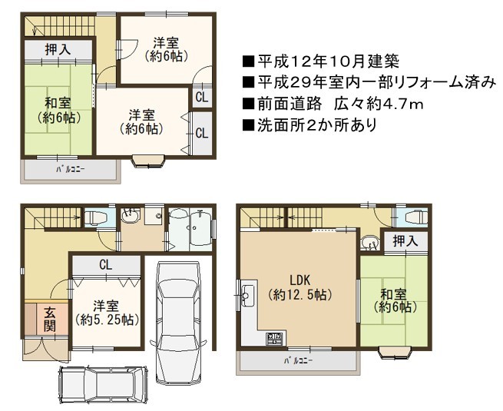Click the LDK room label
tap(300, 280)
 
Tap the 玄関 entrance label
tap(50, 319)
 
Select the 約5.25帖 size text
tap(107, 320)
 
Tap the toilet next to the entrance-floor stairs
tap(95, 218)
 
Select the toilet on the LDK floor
tap(416, 217)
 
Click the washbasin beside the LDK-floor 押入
tap(370, 242)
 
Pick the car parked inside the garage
tap(177, 321)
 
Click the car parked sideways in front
tap(103, 384)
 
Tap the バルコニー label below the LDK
tap(298, 360)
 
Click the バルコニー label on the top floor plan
tap(71, 169)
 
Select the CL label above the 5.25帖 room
tap(105, 265)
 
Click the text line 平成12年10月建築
tap(321, 61)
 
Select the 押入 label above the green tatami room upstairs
tap(58, 49)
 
